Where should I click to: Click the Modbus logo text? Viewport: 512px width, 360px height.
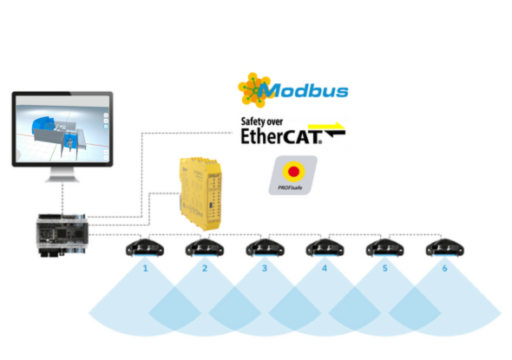pos(305,90)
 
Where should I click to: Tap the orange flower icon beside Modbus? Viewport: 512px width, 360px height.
pos(254,90)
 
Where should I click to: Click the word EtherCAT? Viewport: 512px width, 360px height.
pos(281,136)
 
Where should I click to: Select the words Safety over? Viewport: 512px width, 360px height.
pos(262,121)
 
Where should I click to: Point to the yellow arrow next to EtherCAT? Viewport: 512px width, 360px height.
pos(326,127)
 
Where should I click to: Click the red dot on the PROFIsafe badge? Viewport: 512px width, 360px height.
pos(293,171)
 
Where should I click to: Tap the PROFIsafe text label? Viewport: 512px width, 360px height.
pos(290,187)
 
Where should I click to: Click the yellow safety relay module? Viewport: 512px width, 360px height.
pos(200,193)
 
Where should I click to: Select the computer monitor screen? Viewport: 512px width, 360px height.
pos(62,128)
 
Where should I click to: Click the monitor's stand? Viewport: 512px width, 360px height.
pos(62,174)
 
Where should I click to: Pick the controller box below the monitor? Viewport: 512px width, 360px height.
pos(62,234)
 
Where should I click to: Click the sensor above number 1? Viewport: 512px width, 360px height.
pos(145,248)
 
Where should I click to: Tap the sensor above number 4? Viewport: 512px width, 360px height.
pos(325,248)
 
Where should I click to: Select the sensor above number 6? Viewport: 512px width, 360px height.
pos(444,248)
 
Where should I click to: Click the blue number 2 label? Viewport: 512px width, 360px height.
pos(205,268)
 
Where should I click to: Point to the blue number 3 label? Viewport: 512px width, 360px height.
pos(265,268)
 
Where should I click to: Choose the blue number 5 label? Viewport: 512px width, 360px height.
pos(385,268)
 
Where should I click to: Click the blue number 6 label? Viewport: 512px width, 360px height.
pos(444,268)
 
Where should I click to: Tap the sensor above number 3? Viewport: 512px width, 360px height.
pos(265,248)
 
